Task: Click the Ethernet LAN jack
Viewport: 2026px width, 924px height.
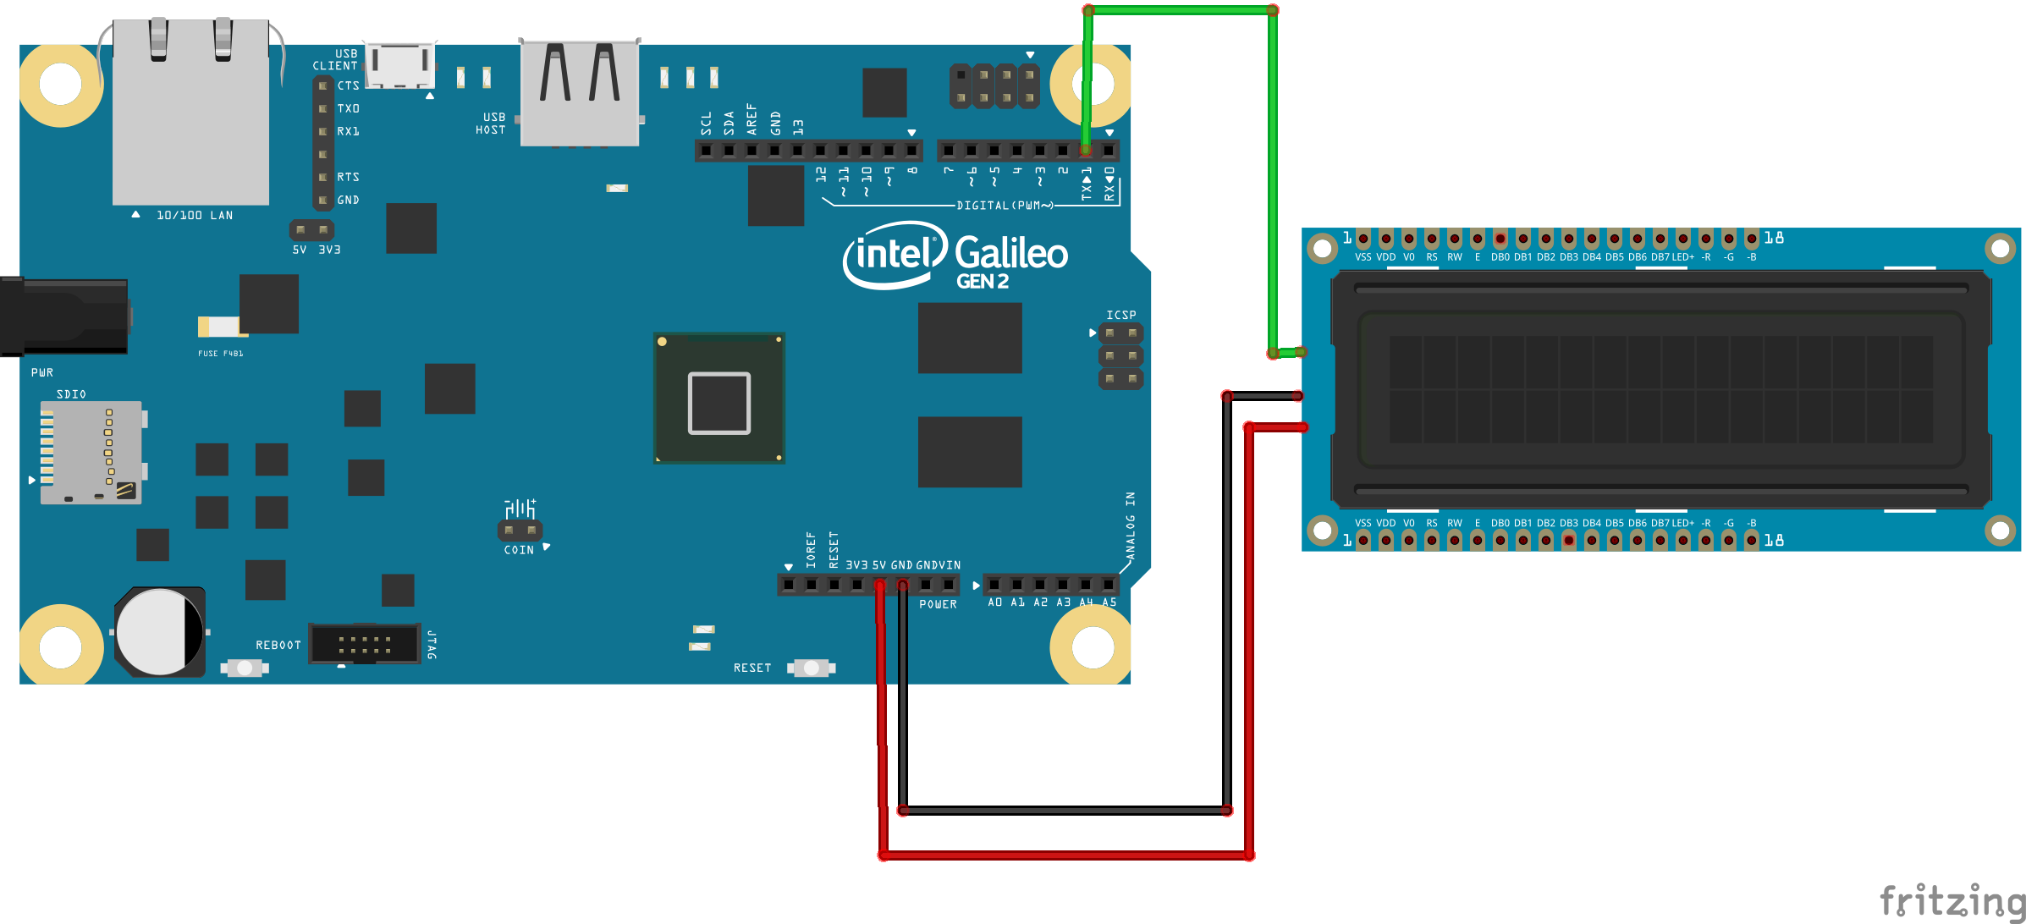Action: (x=190, y=114)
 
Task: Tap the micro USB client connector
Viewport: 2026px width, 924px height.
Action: (x=400, y=65)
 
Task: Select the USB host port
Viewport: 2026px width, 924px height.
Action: (x=580, y=93)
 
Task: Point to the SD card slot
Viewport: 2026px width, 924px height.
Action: (x=91, y=452)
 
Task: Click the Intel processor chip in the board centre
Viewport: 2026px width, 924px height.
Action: (x=719, y=399)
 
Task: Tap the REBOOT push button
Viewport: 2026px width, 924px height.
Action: (x=245, y=668)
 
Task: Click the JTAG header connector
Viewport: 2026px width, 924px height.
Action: (x=365, y=644)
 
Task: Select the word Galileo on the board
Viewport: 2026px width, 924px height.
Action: (x=1011, y=253)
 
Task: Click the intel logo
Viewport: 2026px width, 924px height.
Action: (x=894, y=254)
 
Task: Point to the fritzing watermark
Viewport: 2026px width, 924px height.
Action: (x=1952, y=900)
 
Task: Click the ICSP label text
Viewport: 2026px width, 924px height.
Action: (x=1121, y=315)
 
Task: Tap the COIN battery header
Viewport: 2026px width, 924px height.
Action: (x=520, y=531)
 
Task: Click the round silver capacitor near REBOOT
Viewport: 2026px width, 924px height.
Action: (x=159, y=632)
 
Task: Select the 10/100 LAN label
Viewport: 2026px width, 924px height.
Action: (x=194, y=216)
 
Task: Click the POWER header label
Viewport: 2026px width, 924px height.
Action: (x=938, y=605)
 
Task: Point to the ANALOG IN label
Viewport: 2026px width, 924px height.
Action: (x=1131, y=525)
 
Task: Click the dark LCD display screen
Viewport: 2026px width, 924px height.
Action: (x=1660, y=389)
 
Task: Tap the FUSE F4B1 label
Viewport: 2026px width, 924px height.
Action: (x=220, y=354)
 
